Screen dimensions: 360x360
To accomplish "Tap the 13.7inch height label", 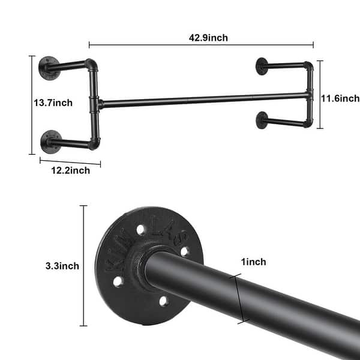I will click(53, 103).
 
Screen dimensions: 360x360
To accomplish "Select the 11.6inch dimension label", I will click(340, 98).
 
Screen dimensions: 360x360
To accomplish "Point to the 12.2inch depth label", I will click(70, 170).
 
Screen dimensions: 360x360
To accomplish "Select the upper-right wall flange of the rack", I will click(262, 65).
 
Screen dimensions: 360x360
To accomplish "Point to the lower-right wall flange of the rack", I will click(262, 119).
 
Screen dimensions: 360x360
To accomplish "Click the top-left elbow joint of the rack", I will click(91, 64).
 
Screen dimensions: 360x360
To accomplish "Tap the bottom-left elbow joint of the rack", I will click(94, 143).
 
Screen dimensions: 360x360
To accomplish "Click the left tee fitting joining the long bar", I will click(96, 103).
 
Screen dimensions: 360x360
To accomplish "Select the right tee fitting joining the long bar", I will click(308, 95).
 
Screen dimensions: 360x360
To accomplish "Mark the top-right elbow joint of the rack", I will click(308, 66).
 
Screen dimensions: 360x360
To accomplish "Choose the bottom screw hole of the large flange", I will click(163, 300).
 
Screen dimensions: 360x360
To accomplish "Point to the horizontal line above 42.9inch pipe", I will click(201, 44).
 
